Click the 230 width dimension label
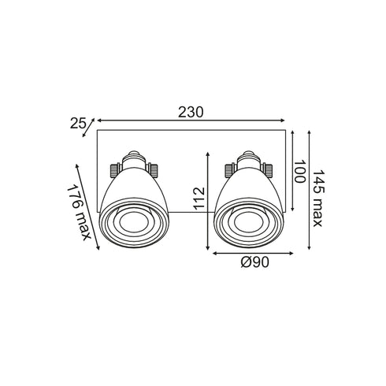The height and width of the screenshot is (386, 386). pyautogui.click(x=191, y=113)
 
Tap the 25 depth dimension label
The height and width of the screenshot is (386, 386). pyautogui.click(x=78, y=124)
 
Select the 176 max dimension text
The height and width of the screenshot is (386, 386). pyautogui.click(x=79, y=212)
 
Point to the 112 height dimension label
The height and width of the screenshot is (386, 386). pyautogui.click(x=199, y=199)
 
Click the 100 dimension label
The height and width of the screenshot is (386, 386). pyautogui.click(x=299, y=171)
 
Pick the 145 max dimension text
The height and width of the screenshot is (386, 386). pyautogui.click(x=317, y=199)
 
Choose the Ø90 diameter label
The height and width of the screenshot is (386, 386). pyautogui.click(x=255, y=262)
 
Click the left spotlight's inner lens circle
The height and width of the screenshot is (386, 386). pyautogui.click(x=134, y=221)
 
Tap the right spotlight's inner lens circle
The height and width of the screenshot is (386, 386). pyautogui.click(x=249, y=221)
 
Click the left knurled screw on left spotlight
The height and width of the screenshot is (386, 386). pyautogui.click(x=114, y=170)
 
